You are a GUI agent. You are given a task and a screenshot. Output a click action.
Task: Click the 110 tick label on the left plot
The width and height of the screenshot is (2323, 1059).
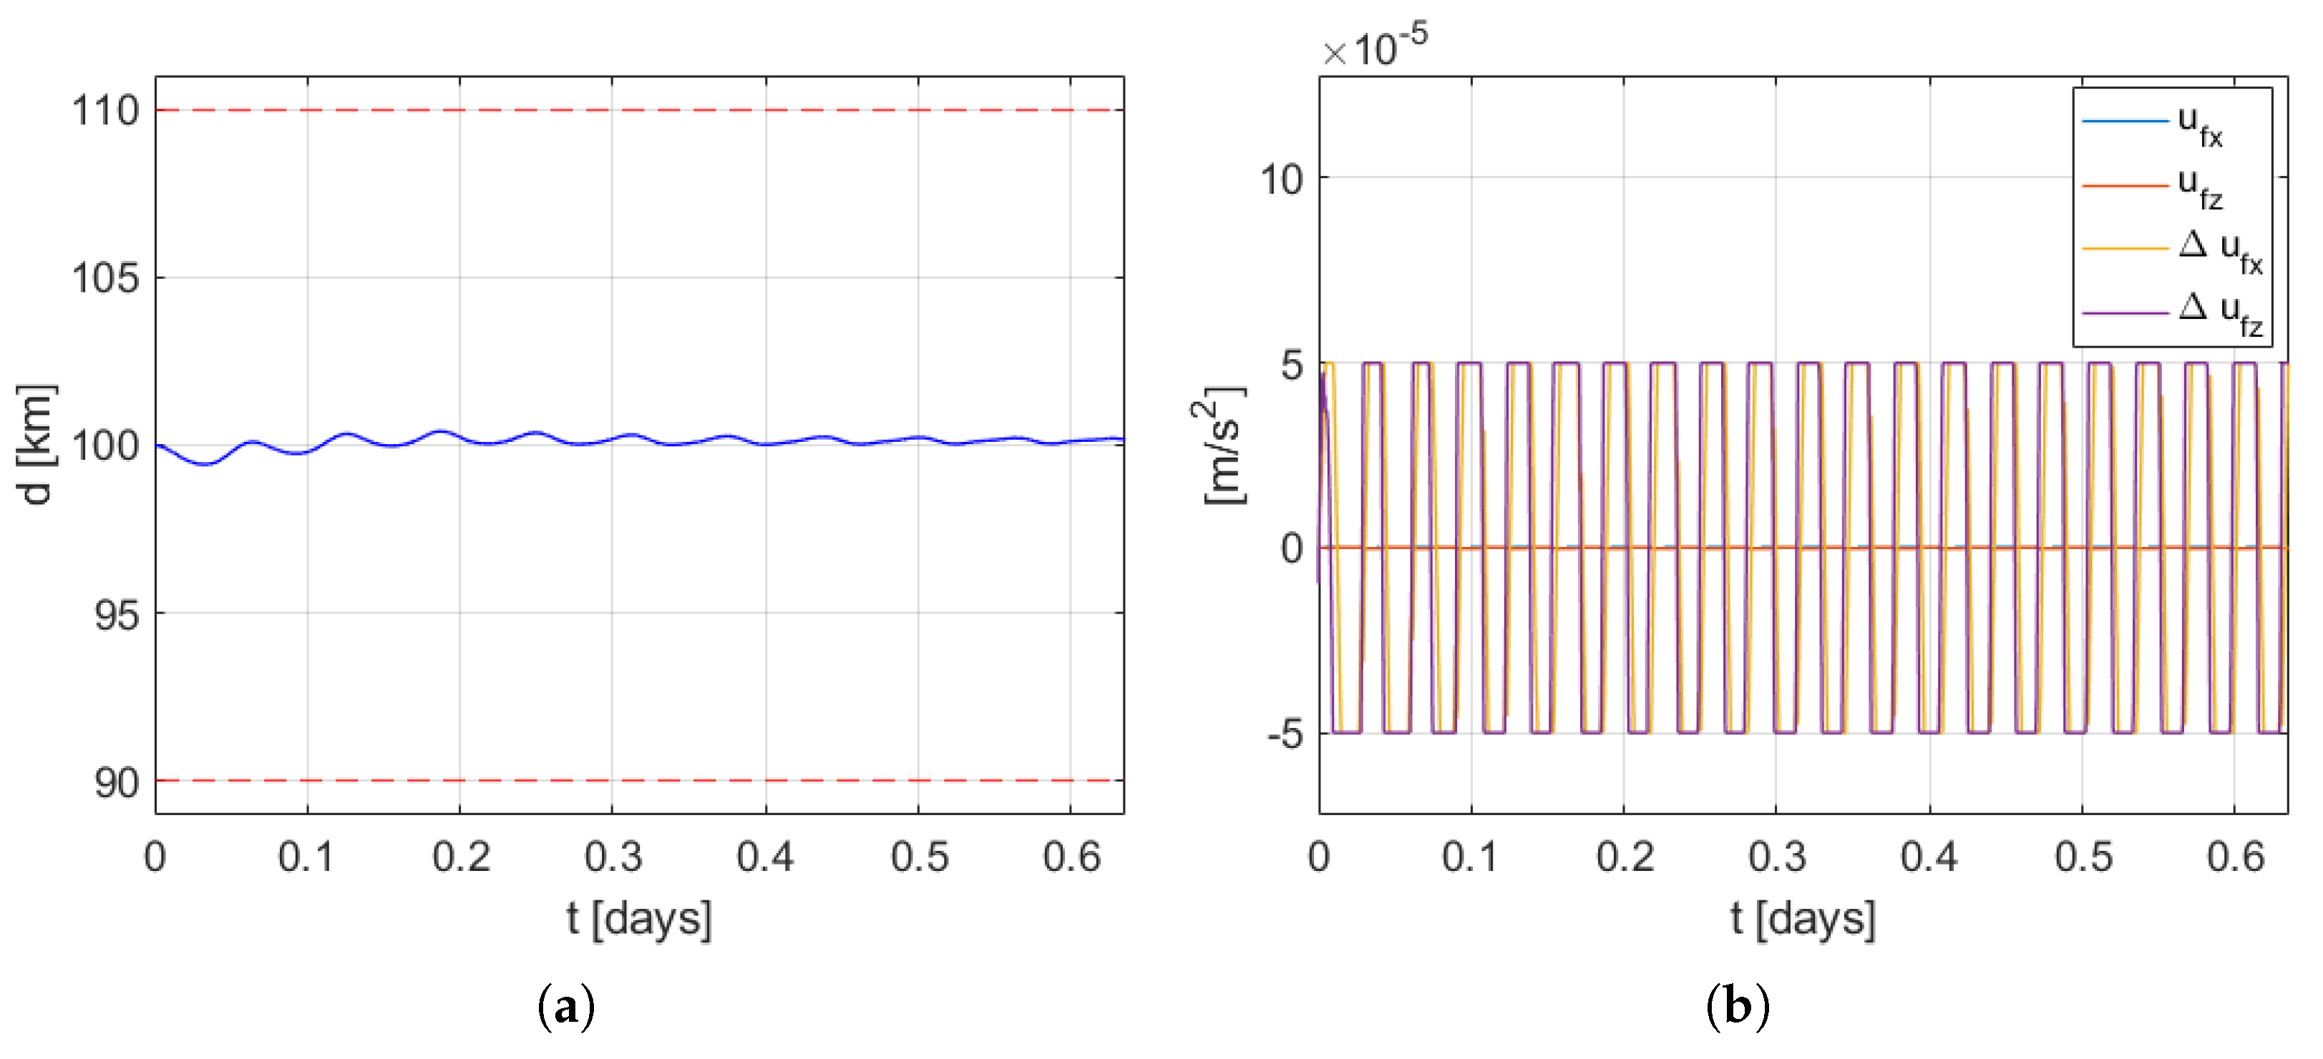tap(105, 111)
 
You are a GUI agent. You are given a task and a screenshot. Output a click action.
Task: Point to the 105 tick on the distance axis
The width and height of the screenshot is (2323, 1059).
tap(105, 277)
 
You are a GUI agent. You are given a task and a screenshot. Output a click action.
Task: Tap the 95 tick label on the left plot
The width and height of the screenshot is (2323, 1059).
tap(117, 616)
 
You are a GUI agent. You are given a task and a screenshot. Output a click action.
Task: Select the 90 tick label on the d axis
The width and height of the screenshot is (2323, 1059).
tap(117, 782)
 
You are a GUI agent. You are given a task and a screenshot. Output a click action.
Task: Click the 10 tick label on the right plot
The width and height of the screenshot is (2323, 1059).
tap(1282, 179)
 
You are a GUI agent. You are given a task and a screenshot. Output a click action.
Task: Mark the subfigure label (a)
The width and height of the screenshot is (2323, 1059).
tap(565, 1006)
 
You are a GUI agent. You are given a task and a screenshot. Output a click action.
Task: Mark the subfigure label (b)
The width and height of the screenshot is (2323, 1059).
tap(1737, 1006)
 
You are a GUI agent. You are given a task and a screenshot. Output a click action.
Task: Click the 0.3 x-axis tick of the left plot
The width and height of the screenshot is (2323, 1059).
tap(613, 856)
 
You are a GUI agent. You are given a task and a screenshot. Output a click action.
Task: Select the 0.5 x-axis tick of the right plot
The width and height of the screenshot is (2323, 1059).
tap(2083, 856)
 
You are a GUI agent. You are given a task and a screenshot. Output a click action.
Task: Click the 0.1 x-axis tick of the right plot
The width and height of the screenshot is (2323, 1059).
tap(1471, 856)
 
